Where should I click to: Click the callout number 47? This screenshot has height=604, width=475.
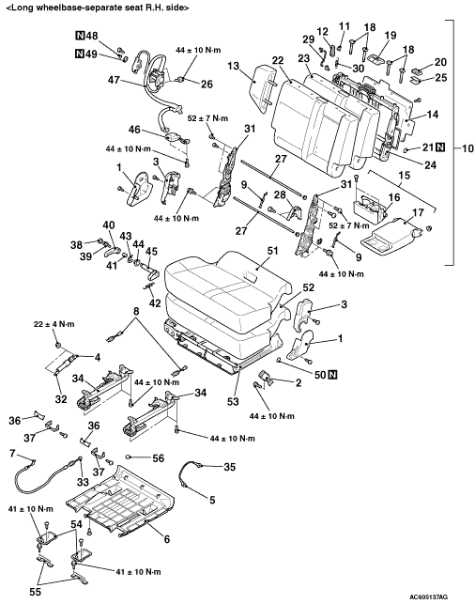pyautogui.click(x=115, y=80)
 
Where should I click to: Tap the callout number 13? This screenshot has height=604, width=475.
pyautogui.click(x=233, y=67)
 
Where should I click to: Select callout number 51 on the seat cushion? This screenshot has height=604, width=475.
pyautogui.click(x=272, y=251)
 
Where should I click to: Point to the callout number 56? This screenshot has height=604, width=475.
pyautogui.click(x=159, y=458)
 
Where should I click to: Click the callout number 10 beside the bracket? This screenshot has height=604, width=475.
pyautogui.click(x=467, y=147)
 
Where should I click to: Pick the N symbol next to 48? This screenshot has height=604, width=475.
pyautogui.click(x=79, y=37)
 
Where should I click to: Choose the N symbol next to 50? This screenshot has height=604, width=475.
pyautogui.click(x=332, y=374)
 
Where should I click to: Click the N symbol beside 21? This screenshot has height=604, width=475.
pyautogui.click(x=440, y=147)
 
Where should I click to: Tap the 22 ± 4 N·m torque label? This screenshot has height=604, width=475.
pyautogui.click(x=54, y=324)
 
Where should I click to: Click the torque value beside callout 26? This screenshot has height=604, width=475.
pyautogui.click(x=199, y=50)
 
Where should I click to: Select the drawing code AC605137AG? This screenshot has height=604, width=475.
pyautogui.click(x=428, y=596)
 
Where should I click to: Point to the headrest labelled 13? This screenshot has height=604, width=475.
pyautogui.click(x=261, y=87)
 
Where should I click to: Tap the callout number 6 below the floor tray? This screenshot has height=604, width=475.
pyautogui.click(x=167, y=539)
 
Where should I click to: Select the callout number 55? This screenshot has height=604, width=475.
pyautogui.click(x=35, y=591)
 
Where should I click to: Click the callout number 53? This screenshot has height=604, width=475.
pyautogui.click(x=233, y=401)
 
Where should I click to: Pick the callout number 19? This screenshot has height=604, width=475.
pyautogui.click(x=391, y=36)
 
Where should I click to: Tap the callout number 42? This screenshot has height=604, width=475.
pyautogui.click(x=155, y=303)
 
